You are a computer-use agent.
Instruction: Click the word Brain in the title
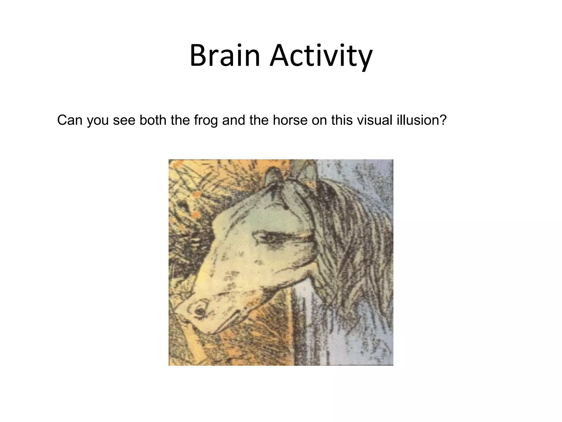click(x=224, y=57)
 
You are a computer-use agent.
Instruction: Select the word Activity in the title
click(x=321, y=58)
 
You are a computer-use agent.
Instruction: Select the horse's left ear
click(x=273, y=176)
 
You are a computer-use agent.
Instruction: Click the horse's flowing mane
click(x=354, y=247)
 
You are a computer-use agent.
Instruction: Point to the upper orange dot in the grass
click(x=196, y=195)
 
